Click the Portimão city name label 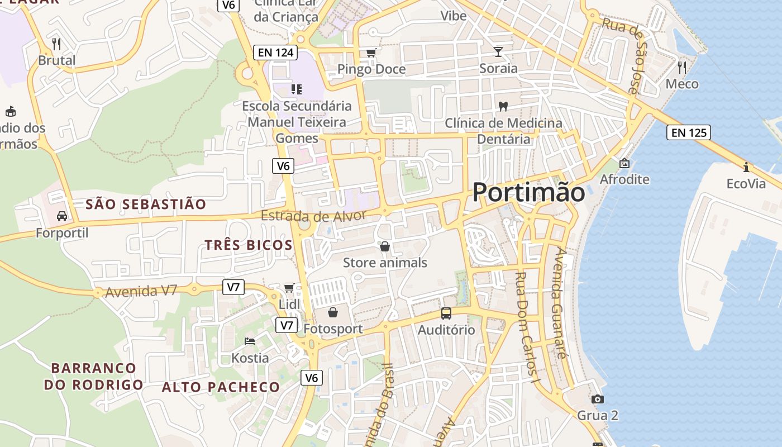(x=528, y=193)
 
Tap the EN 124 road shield (x=275, y=53)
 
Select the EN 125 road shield (x=688, y=132)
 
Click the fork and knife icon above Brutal (x=56, y=44)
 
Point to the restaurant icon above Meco (x=681, y=68)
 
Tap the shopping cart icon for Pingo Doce (x=371, y=53)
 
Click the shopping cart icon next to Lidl (x=289, y=288)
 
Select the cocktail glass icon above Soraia (x=498, y=52)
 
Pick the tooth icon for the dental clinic (x=503, y=106)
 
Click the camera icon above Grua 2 (x=597, y=399)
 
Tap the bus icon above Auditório (x=446, y=313)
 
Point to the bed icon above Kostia (x=250, y=341)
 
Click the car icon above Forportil (x=62, y=216)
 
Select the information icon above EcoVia (x=746, y=167)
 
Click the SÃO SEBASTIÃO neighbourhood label (x=146, y=205)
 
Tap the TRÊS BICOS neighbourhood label (x=249, y=245)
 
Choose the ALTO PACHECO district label (x=221, y=387)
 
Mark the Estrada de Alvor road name (x=313, y=216)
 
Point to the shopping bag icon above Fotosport (x=333, y=312)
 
